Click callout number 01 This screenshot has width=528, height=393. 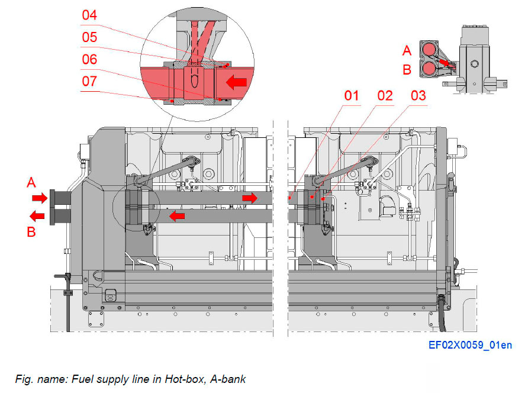[x=354, y=95]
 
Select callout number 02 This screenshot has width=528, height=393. [x=385, y=95]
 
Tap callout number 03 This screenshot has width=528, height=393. [x=418, y=95]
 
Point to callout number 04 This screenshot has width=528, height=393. [x=89, y=15]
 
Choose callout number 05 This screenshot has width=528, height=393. [x=89, y=37]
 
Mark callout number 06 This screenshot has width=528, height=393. [x=89, y=59]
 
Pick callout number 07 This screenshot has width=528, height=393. [x=89, y=81]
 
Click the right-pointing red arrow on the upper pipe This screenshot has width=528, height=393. [x=250, y=197]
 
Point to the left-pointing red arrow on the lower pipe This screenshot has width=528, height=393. [x=177, y=217]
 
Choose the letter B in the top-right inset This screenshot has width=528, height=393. [x=407, y=69]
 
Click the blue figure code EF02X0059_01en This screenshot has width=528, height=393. [x=471, y=345]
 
